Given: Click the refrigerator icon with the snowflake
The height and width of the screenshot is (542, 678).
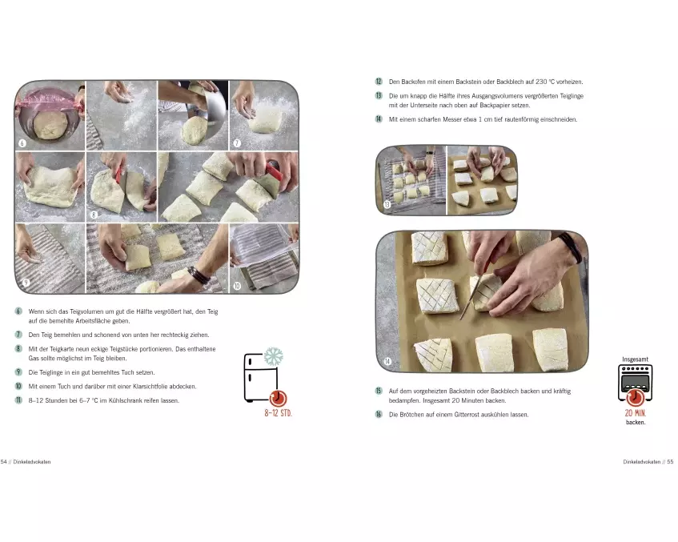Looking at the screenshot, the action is pyautogui.click(x=261, y=375).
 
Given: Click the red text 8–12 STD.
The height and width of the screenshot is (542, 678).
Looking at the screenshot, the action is pyautogui.click(x=278, y=413).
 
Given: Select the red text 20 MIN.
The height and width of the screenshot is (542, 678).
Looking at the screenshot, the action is pyautogui.click(x=636, y=413).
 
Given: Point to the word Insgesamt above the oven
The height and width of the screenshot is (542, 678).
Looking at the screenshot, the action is pyautogui.click(x=636, y=359).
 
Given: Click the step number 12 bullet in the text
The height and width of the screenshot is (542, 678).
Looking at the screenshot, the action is pyautogui.click(x=379, y=82).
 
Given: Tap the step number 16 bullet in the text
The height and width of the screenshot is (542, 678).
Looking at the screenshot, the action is pyautogui.click(x=379, y=414).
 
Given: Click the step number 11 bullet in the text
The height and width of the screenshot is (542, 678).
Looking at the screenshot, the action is pyautogui.click(x=18, y=400).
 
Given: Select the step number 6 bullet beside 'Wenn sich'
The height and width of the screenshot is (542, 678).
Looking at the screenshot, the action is pyautogui.click(x=18, y=311).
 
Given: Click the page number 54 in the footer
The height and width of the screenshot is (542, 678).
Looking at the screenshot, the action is pyautogui.click(x=4, y=462).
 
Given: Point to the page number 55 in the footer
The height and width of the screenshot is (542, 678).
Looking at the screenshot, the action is pyautogui.click(x=670, y=462).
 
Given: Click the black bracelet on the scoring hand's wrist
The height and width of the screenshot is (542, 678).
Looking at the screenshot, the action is pyautogui.click(x=572, y=247).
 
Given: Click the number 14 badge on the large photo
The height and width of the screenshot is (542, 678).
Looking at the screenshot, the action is pyautogui.click(x=387, y=361).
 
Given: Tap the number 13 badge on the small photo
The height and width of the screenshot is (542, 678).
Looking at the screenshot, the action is pyautogui.click(x=387, y=205).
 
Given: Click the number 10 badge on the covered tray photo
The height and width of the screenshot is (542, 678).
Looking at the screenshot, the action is pyautogui.click(x=237, y=286).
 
